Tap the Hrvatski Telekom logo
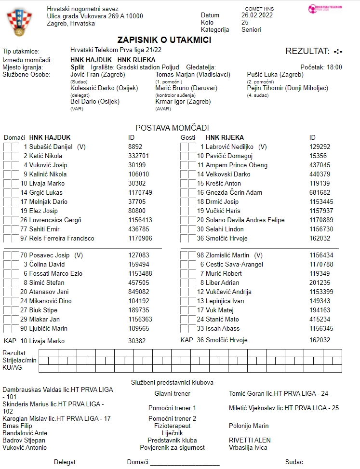coord(327,9)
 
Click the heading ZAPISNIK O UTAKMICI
coord(164,40)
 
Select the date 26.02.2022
coord(257,15)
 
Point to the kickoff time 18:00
coord(334,67)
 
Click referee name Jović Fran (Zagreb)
coord(97,75)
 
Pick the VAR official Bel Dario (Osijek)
coord(94,102)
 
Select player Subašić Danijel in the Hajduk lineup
coord(51,147)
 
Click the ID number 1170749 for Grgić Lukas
coord(140,192)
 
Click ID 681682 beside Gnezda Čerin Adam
coord(320,192)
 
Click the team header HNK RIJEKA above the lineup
coord(228,137)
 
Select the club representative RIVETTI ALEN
coord(250,440)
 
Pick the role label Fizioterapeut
coord(172,426)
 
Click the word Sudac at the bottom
coord(294,462)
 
